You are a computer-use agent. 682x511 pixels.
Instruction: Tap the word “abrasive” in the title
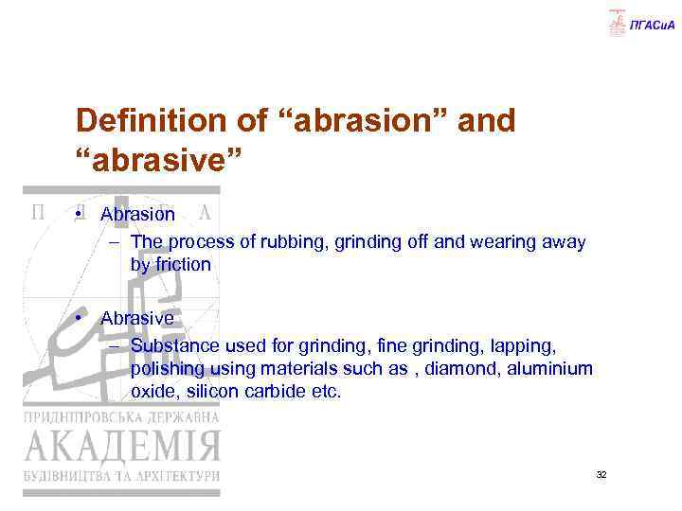pos(160,157)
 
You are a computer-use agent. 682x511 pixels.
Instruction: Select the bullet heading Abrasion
pos(138,215)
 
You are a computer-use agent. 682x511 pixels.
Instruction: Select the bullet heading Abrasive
pos(137,319)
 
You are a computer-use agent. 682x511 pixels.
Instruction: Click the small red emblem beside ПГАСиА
pos(618,22)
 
